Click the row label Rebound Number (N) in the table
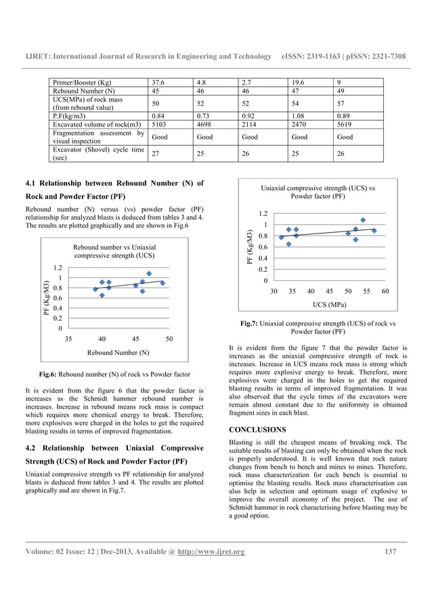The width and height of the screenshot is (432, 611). (x=81, y=90)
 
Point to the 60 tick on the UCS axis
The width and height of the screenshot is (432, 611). (x=385, y=291)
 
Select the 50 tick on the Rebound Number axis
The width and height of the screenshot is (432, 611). (x=169, y=338)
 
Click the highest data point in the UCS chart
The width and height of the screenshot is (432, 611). (x=363, y=220)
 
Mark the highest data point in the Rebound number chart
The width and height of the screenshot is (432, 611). (x=149, y=274)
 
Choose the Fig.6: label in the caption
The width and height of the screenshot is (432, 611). (x=51, y=374)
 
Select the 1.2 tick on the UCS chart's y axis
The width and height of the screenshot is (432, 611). (x=261, y=213)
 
